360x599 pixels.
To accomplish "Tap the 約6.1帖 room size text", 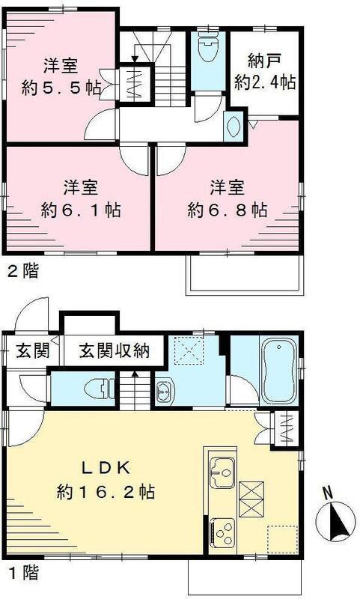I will click(82, 210).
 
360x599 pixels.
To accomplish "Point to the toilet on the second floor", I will click(205, 48).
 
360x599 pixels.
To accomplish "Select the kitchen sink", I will click(222, 469).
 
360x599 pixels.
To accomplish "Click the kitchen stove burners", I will click(223, 527).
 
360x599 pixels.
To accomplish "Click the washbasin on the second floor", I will click(233, 127).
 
